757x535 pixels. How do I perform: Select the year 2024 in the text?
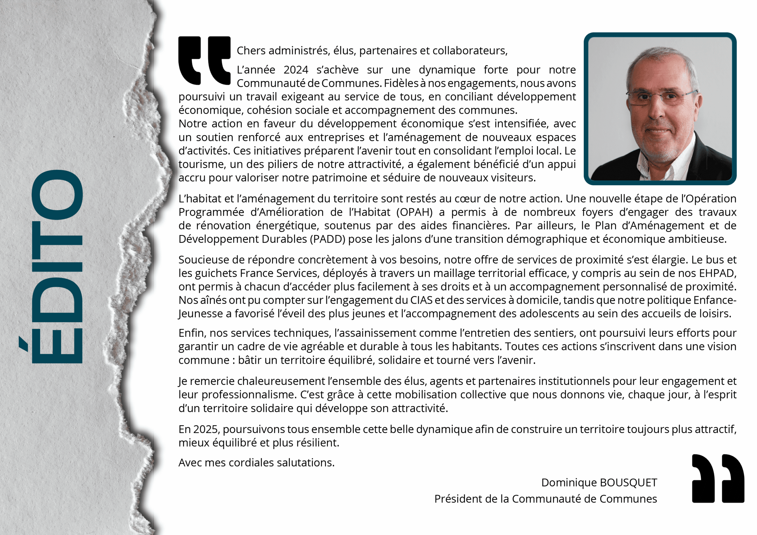coord(296,70)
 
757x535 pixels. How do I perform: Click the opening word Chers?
coord(251,51)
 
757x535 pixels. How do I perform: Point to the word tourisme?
coord(200,164)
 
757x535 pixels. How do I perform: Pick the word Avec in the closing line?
coord(190,463)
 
